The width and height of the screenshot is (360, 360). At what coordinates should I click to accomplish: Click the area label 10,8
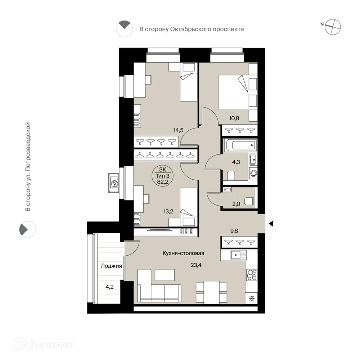(x=234, y=117)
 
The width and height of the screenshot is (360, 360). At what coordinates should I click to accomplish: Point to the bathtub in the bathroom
(x=240, y=146)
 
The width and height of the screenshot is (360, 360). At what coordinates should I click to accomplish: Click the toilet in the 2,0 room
(x=249, y=201)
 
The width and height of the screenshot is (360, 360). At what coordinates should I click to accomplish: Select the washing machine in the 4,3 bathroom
(x=254, y=174)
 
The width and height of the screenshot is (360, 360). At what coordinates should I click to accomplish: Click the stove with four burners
(x=251, y=275)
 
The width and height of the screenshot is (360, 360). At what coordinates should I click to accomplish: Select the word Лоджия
(x=111, y=266)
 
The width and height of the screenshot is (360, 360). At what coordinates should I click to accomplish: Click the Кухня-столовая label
(x=183, y=253)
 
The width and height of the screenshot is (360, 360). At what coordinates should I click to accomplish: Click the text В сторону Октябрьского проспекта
(x=192, y=29)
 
